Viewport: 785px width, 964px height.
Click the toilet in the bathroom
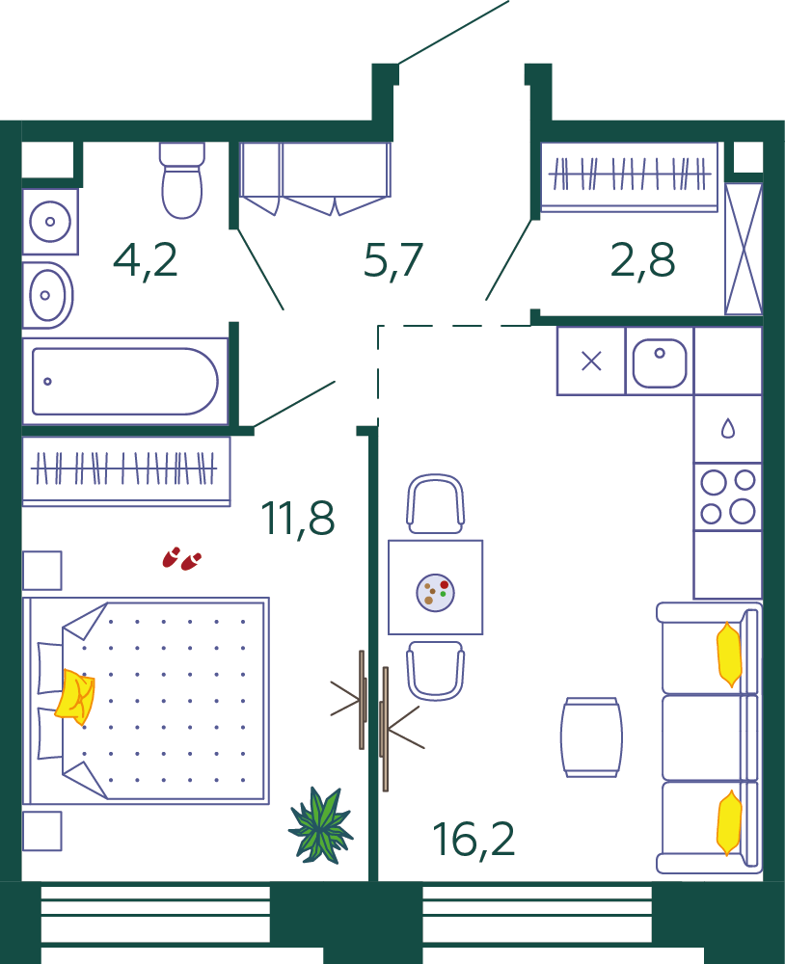point(181,180)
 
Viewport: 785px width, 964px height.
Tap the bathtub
point(125,381)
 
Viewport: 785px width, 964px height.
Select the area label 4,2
point(146,261)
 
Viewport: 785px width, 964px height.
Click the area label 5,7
point(393,260)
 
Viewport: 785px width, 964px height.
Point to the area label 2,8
point(643,260)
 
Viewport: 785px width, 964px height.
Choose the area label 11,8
point(298,519)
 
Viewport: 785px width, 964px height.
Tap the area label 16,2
point(474,840)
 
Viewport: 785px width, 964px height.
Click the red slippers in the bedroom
point(181,559)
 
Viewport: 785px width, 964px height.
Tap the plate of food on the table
point(436,593)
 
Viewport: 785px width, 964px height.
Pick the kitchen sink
point(660,361)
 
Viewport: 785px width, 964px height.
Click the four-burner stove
point(728,496)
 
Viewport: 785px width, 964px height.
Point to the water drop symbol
point(728,429)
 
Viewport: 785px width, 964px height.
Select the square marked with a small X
point(591,361)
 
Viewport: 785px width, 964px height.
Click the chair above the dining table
point(436,504)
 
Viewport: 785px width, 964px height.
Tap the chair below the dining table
point(436,671)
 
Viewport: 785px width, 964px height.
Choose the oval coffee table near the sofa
point(591,737)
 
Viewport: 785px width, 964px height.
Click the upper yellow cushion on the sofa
point(729,655)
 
